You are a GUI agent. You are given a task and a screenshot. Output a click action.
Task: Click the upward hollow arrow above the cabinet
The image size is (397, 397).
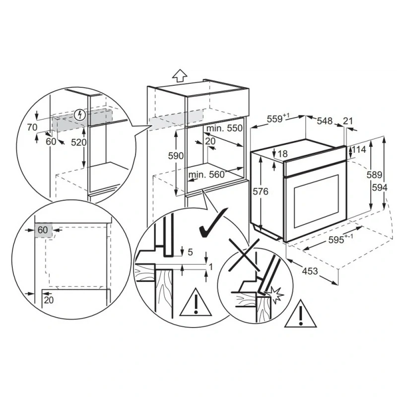coord(180,75)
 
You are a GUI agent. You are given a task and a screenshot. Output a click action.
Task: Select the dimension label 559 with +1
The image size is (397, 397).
coord(278,119)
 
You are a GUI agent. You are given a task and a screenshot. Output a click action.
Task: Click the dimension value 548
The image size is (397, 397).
coord(325,121)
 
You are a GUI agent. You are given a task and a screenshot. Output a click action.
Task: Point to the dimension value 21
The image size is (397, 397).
coord(348,121)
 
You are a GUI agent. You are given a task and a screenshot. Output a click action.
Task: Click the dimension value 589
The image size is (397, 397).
coord(375,175)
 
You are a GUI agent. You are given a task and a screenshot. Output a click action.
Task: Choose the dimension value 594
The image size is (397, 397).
coord(380,188)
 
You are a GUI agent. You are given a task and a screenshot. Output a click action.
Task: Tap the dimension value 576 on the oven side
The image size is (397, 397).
coord(261,192)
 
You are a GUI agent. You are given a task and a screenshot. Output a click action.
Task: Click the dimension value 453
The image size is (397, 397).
coord(310,271)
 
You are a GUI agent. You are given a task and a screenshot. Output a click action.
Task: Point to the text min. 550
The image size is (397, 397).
coord(224,128)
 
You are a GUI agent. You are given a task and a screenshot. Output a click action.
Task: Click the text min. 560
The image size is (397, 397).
coord(206,175)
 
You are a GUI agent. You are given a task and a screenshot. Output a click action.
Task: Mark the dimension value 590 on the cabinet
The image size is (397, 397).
coord(176,156)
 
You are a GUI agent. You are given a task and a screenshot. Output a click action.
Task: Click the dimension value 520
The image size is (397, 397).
coord(79,142)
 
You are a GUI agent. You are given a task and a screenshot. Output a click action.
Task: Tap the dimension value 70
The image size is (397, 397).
coord(32,128)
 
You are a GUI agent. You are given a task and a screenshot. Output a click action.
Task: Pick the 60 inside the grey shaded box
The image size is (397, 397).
coord(43,230)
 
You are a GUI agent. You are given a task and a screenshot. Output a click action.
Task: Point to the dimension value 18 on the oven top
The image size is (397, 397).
coord(283,153)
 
